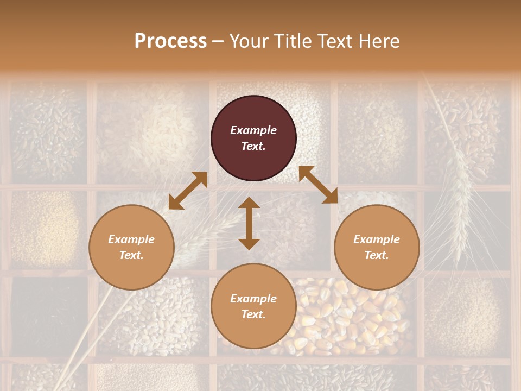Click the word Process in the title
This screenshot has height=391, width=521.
(170, 41)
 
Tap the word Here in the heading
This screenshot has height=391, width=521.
(378, 41)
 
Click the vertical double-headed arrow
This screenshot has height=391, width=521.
(249, 223)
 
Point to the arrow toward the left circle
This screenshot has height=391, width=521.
(188, 191)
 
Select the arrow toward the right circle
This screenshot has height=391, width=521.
(318, 185)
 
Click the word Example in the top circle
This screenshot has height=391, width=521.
(253, 130)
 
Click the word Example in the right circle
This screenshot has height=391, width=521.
(377, 239)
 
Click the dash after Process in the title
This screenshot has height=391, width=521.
(218, 41)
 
